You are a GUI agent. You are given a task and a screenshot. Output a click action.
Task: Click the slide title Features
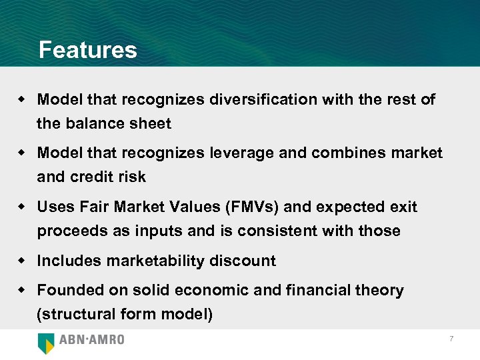point(87,50)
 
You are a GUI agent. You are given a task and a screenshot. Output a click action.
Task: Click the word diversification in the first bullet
point(263,100)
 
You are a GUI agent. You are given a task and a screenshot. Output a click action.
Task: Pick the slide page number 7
point(451,339)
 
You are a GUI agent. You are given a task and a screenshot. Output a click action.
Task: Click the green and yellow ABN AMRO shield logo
point(46,342)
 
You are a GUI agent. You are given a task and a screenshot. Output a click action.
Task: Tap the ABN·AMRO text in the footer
point(91,340)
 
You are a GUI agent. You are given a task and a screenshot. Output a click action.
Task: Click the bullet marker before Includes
point(21,261)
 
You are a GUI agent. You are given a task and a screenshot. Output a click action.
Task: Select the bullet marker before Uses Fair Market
point(21,207)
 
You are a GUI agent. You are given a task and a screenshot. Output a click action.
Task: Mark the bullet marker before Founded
point(21,290)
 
